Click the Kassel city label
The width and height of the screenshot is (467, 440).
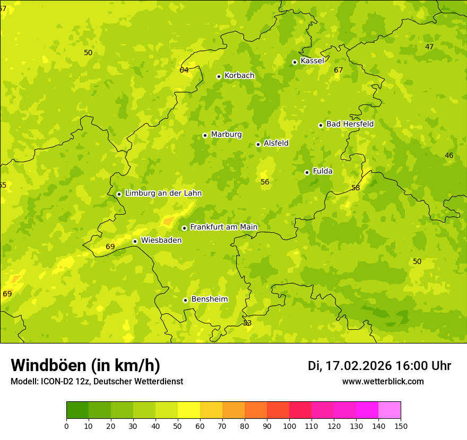[x=312, y=61]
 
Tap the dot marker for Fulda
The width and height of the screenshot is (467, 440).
[x=307, y=172]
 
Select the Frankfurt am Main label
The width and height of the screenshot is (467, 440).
[x=223, y=227]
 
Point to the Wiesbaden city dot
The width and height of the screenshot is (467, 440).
[x=135, y=241]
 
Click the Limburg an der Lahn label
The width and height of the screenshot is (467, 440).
[x=163, y=193]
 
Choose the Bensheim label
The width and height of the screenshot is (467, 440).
[x=209, y=299]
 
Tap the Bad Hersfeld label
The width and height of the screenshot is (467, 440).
[x=350, y=124]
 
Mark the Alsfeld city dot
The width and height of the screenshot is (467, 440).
[x=258, y=144]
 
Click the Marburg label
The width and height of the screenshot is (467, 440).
[x=226, y=135]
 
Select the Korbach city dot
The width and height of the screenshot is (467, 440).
[x=219, y=76]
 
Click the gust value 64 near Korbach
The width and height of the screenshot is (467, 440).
[x=184, y=70]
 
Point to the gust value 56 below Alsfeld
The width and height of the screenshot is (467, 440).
[x=265, y=182]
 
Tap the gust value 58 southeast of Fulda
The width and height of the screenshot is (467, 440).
[x=356, y=188]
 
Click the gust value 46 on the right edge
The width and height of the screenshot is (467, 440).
[x=449, y=155]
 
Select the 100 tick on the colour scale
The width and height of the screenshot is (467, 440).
[x=289, y=426]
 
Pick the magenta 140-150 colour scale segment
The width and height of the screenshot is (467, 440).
[x=390, y=410]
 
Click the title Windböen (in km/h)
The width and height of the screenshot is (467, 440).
[x=85, y=365]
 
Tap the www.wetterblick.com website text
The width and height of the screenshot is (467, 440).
[x=383, y=382]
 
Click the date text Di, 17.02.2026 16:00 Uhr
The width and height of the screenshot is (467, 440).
[x=379, y=366]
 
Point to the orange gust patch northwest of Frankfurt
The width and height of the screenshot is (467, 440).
[x=168, y=220]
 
